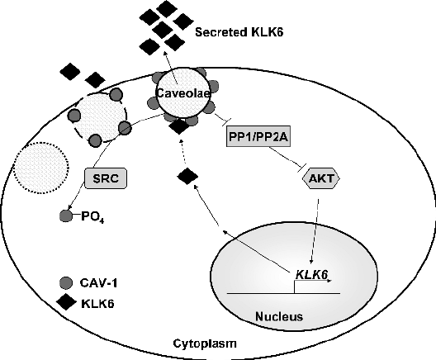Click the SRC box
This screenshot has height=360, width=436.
pyautogui.click(x=106, y=178)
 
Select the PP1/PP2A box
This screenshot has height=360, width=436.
pyautogui.click(x=258, y=136)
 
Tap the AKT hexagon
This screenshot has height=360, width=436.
pyautogui.click(x=321, y=178)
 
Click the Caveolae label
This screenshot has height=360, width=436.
pyautogui.click(x=182, y=93)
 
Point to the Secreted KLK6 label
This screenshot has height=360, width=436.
pyautogui.click(x=239, y=32)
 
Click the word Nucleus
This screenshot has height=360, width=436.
pyautogui.click(x=279, y=316)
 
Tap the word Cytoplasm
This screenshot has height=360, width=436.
pyautogui.click(x=205, y=343)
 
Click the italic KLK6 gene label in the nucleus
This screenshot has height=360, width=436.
pyautogui.click(x=310, y=274)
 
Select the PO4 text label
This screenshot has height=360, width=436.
pyautogui.click(x=92, y=217)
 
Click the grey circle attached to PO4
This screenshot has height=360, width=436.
pyautogui.click(x=66, y=216)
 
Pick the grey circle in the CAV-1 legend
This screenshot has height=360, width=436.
pyautogui.click(x=66, y=283)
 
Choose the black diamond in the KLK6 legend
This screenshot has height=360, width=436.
pyautogui.click(x=66, y=302)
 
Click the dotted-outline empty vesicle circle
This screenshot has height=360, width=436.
pyautogui.click(x=40, y=168)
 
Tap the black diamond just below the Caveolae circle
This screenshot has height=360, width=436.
pyautogui.click(x=179, y=126)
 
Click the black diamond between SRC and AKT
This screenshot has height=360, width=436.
pyautogui.click(x=187, y=176)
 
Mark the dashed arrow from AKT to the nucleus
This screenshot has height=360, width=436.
pyautogui.click(x=315, y=231)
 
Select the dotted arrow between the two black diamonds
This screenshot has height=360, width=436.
pyautogui.click(x=182, y=153)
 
